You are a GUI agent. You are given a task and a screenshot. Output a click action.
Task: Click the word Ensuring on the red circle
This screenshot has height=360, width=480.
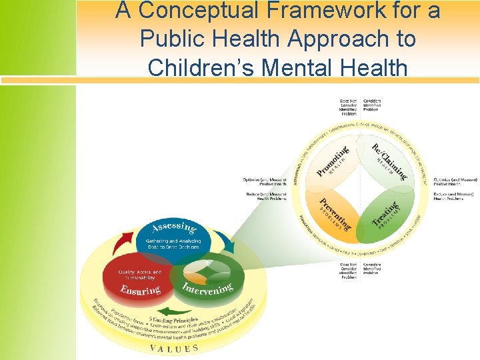coord(141,289)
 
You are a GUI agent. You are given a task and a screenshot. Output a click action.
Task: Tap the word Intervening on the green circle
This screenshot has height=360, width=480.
coord(207,289)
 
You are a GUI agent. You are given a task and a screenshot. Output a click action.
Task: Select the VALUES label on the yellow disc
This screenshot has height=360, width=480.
coord(174,348)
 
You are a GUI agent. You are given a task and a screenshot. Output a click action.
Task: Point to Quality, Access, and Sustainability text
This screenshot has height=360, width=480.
coord(140,275)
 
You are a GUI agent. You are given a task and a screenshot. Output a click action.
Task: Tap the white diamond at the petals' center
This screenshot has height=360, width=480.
coord(361,186)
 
